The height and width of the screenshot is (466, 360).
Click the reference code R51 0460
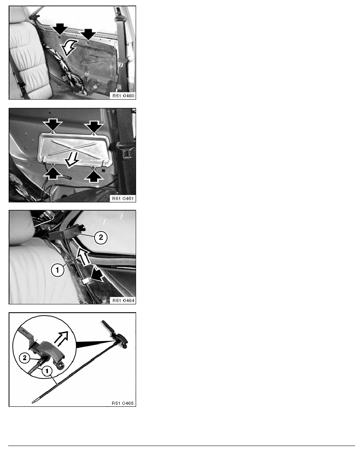[x=123, y=96]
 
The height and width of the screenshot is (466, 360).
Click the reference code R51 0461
[x=123, y=198]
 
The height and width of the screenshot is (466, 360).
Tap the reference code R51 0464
[x=123, y=300]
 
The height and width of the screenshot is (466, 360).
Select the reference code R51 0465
[x=123, y=403]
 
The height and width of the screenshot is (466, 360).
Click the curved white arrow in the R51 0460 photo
[x=68, y=48]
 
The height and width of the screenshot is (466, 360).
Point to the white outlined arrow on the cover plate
[x=72, y=159]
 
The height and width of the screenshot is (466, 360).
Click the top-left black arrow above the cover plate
[x=53, y=125]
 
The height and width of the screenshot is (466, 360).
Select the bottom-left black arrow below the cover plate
[x=53, y=173]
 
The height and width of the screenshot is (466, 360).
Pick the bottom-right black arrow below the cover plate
[x=94, y=175]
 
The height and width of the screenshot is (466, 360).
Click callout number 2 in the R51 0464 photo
[x=101, y=237]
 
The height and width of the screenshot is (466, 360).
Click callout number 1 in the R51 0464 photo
[x=57, y=270]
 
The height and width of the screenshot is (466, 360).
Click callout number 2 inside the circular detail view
[x=25, y=357]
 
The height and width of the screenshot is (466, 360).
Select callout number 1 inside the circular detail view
[x=47, y=371]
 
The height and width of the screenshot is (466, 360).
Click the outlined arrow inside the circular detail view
[x=61, y=338]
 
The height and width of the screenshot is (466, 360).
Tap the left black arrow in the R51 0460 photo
[x=60, y=29]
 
